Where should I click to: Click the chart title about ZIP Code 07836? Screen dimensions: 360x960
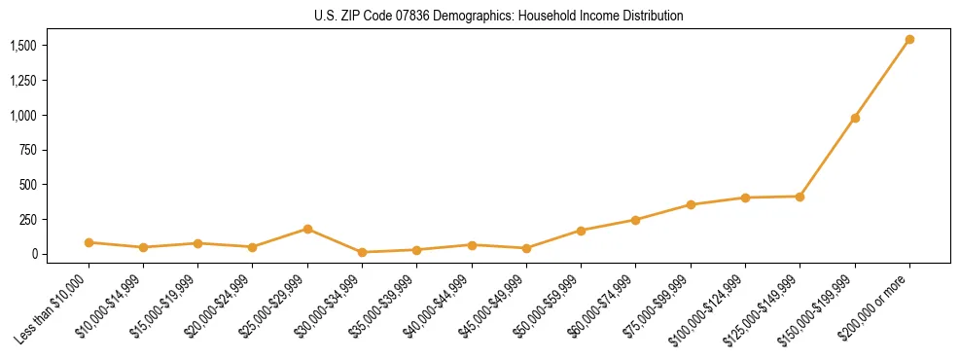(499, 16)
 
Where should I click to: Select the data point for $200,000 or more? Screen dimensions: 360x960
(909, 40)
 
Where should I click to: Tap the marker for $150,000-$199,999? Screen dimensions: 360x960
(855, 118)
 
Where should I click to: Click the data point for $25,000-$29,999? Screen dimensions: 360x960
(307, 229)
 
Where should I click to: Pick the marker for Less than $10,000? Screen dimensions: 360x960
(89, 242)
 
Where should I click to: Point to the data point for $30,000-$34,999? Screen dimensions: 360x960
(362, 252)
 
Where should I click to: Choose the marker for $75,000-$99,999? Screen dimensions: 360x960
(691, 204)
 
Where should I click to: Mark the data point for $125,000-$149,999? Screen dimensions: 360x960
(800, 197)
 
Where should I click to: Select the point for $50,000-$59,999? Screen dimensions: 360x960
(581, 231)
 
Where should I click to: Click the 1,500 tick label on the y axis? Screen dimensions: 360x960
(23, 46)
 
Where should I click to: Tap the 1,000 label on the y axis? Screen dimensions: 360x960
(23, 115)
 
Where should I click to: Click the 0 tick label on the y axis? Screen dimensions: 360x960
(34, 254)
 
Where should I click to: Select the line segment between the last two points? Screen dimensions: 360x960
(882, 79)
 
